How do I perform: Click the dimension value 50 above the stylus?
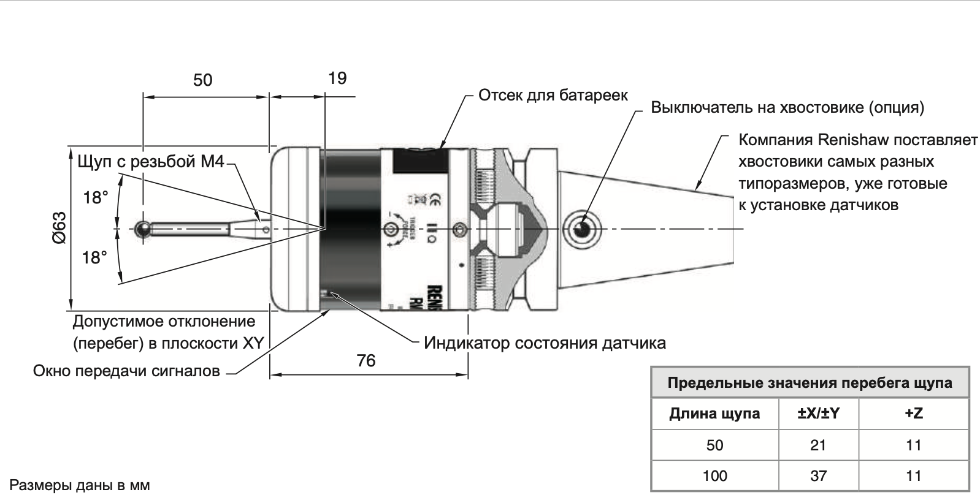[202, 80]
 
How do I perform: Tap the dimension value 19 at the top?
[337, 78]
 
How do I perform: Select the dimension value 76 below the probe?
[366, 361]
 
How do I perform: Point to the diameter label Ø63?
[59, 229]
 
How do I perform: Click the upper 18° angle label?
[96, 198]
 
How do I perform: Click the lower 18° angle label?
[96, 258]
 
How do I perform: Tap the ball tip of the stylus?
[142, 229]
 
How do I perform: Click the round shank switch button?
[581, 229]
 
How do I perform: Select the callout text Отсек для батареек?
[553, 96]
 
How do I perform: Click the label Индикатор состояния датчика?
[545, 343]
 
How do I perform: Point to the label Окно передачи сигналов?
[126, 371]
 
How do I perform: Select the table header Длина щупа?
[714, 414]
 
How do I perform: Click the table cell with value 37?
[818, 475]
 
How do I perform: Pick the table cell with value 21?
[818, 445]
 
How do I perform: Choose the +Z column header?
[913, 414]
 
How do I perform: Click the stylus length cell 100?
[714, 475]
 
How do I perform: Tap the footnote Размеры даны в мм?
[80, 486]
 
